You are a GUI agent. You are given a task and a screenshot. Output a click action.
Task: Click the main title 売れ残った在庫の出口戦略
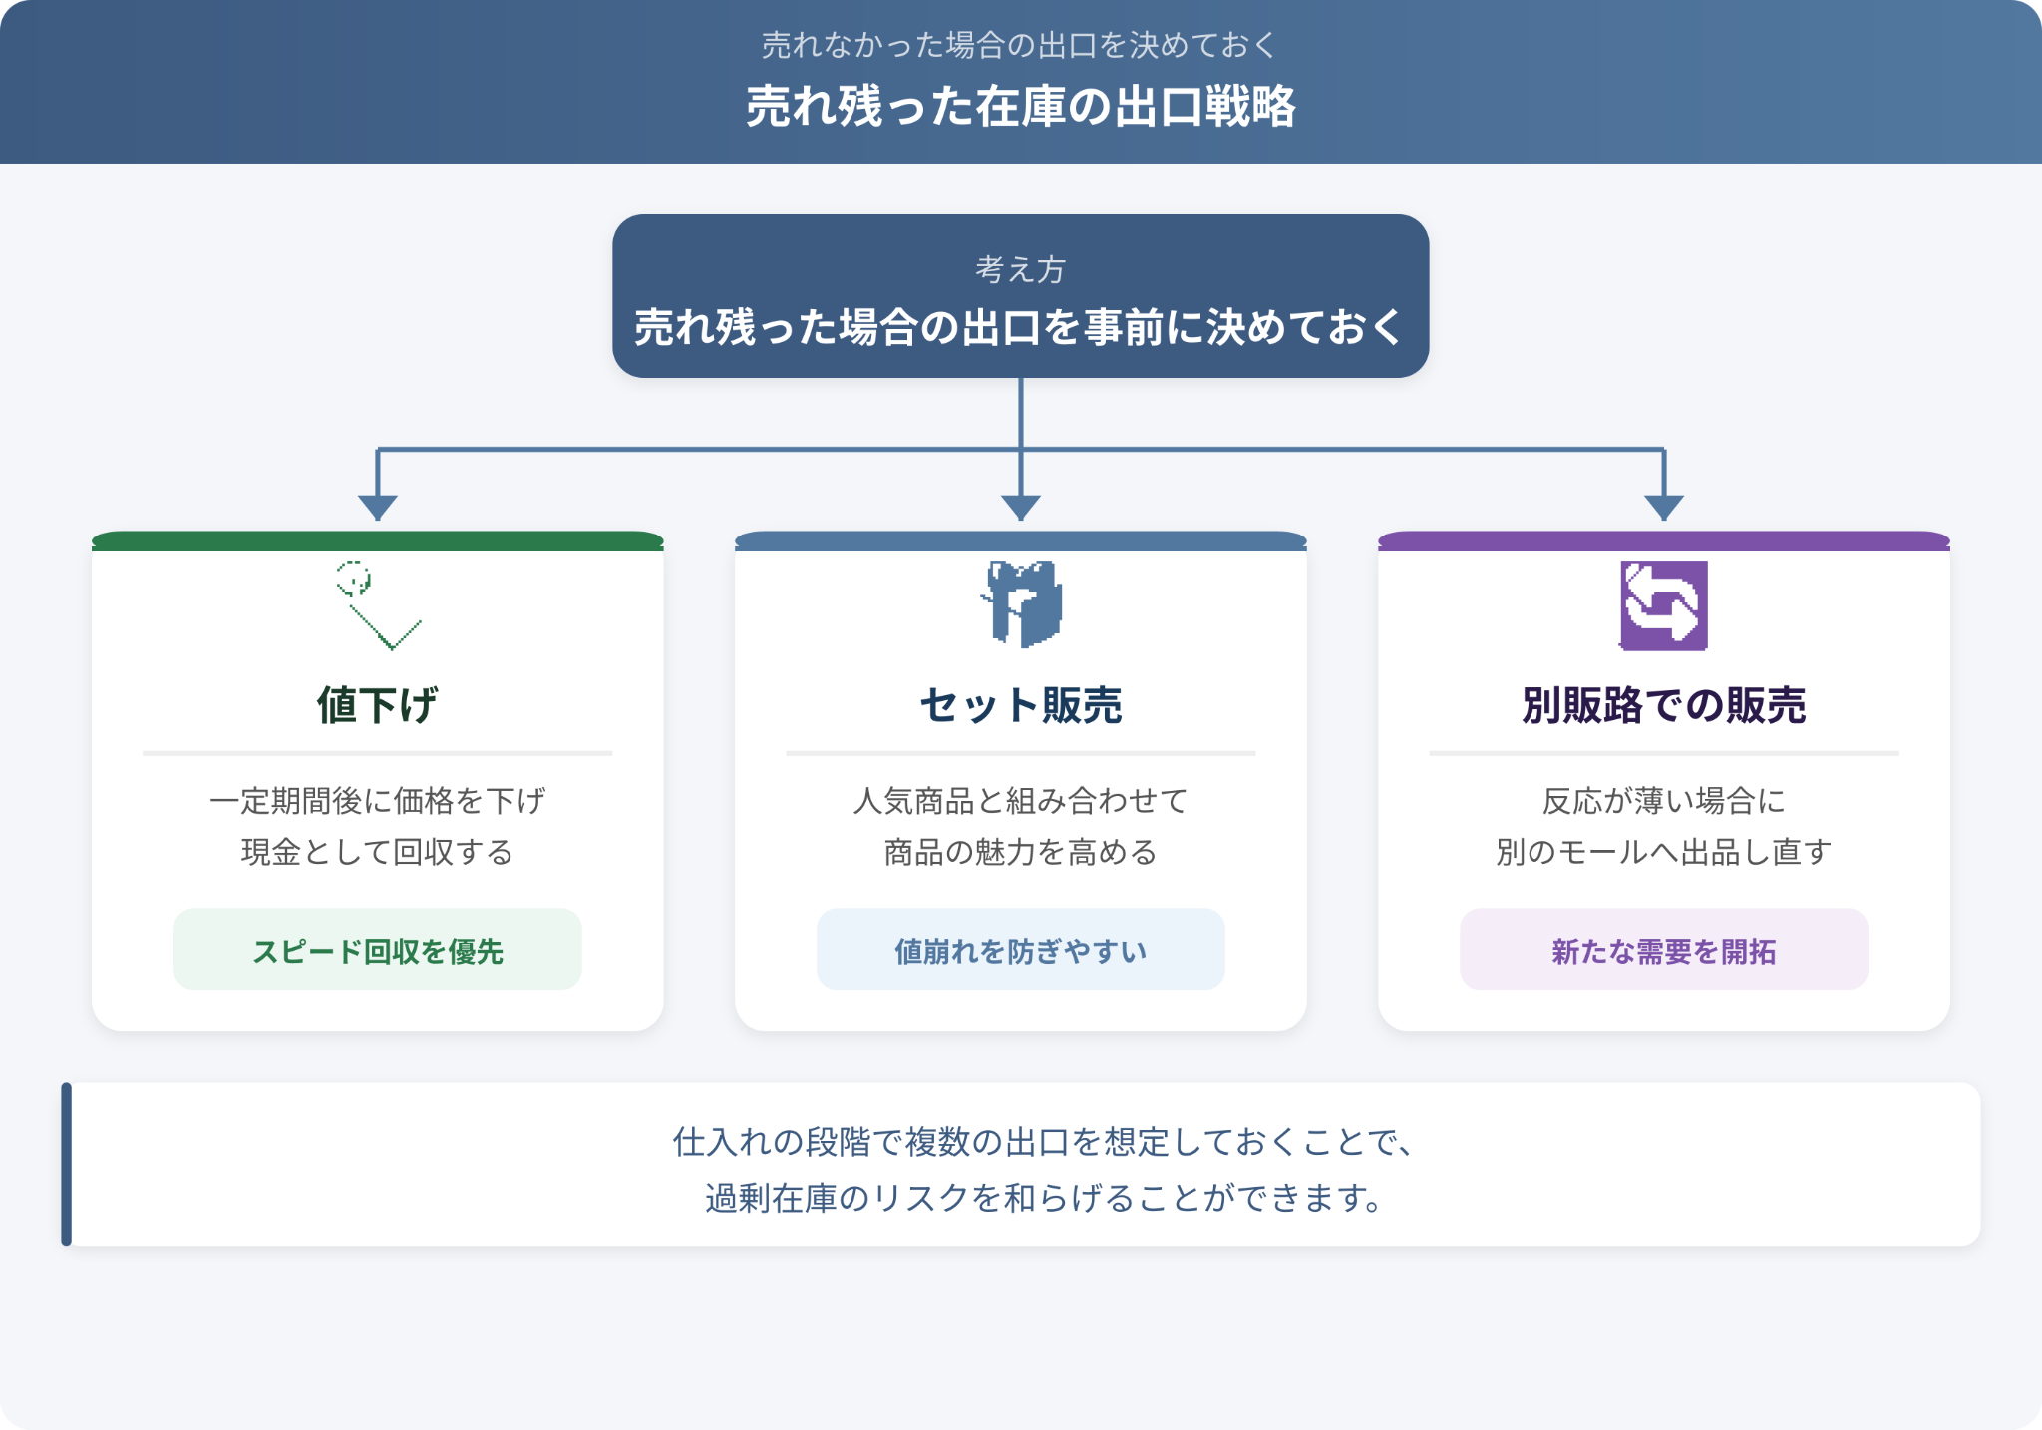click(1021, 106)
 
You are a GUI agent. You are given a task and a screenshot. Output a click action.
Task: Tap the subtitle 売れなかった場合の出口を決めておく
click(1020, 45)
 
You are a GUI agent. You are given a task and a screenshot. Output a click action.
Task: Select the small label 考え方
click(1021, 269)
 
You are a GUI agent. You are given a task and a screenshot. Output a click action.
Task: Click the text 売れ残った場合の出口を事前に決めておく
click(1020, 327)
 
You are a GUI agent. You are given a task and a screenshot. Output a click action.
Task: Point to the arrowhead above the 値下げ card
click(378, 507)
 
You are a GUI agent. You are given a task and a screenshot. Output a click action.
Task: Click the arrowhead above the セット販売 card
click(1021, 507)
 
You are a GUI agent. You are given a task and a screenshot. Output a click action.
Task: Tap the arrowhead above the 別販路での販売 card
click(1664, 507)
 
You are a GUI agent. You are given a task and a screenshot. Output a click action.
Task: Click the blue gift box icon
click(1021, 604)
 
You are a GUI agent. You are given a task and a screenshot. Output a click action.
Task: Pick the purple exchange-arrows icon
click(1663, 606)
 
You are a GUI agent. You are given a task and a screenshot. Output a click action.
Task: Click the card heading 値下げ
click(377, 705)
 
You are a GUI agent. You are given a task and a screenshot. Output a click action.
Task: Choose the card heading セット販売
click(1021, 705)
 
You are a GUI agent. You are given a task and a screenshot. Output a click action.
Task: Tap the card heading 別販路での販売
click(1664, 705)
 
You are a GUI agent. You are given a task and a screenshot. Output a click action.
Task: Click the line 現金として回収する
click(377, 852)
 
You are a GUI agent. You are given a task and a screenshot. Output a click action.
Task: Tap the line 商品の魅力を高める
click(1021, 852)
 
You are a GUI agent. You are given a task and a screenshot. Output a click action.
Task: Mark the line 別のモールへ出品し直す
click(1664, 852)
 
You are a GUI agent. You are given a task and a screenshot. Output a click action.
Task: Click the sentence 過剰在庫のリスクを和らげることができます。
click(1043, 1197)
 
